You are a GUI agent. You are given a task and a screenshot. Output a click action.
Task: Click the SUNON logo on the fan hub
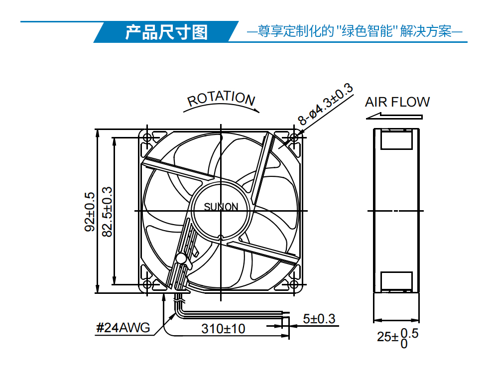click(x=221, y=207)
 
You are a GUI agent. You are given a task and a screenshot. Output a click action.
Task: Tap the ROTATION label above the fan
click(x=221, y=99)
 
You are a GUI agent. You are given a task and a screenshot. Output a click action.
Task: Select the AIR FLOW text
click(x=397, y=102)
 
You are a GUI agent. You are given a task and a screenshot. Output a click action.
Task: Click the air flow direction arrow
click(x=394, y=117)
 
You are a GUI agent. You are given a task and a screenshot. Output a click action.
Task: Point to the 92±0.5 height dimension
click(x=90, y=212)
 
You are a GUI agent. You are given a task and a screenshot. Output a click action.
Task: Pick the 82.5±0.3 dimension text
click(x=107, y=212)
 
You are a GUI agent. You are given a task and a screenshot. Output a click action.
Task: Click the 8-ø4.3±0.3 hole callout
click(x=326, y=104)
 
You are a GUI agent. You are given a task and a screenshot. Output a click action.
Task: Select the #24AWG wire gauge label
click(x=123, y=328)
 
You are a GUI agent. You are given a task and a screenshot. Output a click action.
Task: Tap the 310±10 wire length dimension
click(x=223, y=329)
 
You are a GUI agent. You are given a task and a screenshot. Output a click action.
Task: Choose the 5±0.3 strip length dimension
click(x=319, y=319)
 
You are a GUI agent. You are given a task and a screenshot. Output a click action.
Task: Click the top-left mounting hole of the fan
click(x=147, y=137)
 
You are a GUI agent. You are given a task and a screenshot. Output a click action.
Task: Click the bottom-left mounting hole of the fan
click(x=147, y=284)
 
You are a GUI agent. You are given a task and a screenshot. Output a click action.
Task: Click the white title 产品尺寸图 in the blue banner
click(x=166, y=32)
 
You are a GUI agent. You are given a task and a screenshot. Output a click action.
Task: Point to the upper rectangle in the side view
click(x=396, y=139)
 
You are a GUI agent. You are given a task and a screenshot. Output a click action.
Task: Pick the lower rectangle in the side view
click(x=396, y=282)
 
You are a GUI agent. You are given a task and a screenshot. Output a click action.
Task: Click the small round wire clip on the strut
click(x=181, y=258)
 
